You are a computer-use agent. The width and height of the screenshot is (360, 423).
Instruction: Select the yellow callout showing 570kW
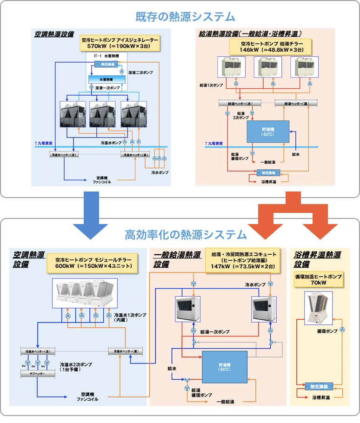pos(120,43)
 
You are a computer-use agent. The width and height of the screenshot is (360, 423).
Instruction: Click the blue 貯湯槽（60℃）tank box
pos(267,131)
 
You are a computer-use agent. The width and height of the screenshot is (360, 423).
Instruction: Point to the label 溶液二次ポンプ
pos(140,73)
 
